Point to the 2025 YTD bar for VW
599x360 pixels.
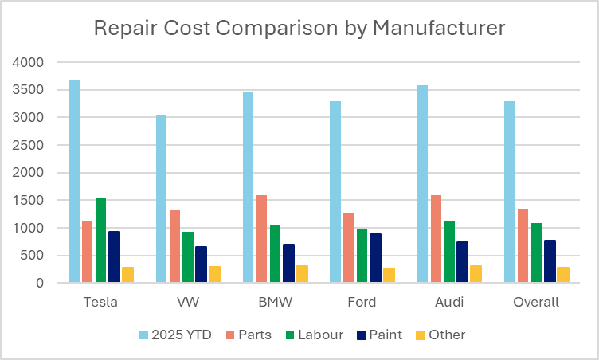coord(161,199)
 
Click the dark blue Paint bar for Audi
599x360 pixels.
coord(463,262)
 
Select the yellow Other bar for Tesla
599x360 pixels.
coord(127,275)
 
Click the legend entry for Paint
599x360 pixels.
coord(379,335)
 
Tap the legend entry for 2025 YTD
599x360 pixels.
coord(176,335)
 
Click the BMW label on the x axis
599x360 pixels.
coord(275,303)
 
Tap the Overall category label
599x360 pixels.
coord(537,303)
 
